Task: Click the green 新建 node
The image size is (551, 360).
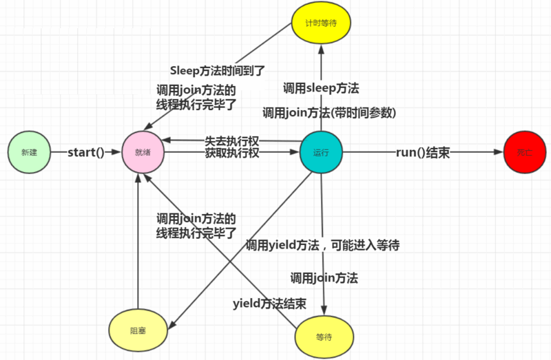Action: [30, 152]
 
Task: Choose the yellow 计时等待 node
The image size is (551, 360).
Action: [321, 22]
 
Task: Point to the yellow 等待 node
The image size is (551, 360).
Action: [324, 337]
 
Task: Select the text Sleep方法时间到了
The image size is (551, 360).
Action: [217, 70]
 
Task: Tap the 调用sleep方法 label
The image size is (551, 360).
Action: [322, 88]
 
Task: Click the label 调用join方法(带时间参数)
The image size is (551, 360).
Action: [330, 112]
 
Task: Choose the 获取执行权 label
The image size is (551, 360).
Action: [231, 153]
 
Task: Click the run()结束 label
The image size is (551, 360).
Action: [423, 153]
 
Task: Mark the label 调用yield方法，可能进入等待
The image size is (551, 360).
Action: [323, 245]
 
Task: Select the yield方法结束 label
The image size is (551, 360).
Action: [269, 303]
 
